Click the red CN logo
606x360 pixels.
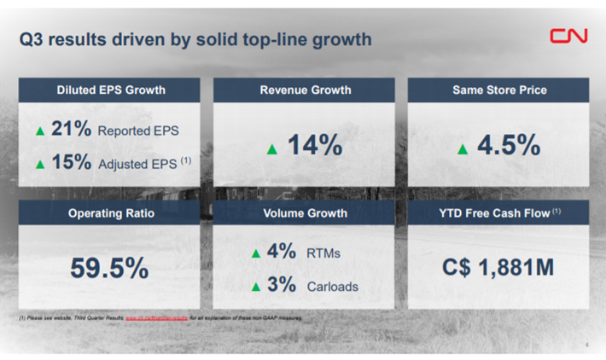click(568, 38)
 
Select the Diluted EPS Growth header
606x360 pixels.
click(111, 90)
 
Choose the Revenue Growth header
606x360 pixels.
click(305, 90)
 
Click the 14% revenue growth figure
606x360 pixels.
click(314, 146)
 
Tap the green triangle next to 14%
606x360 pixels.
click(272, 149)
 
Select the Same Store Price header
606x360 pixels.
click(499, 90)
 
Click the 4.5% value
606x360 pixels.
click(509, 146)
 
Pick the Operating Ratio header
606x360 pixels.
click(111, 212)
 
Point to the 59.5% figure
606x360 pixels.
click(109, 269)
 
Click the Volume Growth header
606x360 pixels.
click(305, 212)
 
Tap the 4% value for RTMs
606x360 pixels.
click(281, 253)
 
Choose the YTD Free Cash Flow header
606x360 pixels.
click(499, 212)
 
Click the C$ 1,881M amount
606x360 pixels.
click(498, 268)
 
